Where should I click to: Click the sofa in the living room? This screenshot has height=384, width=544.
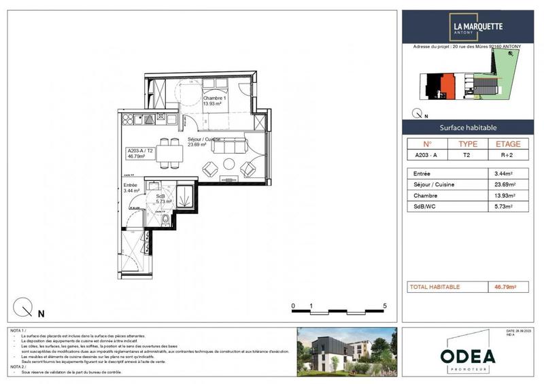(235, 146)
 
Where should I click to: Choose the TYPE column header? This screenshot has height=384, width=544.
(469, 144)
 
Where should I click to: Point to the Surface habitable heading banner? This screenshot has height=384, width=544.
(469, 128)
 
